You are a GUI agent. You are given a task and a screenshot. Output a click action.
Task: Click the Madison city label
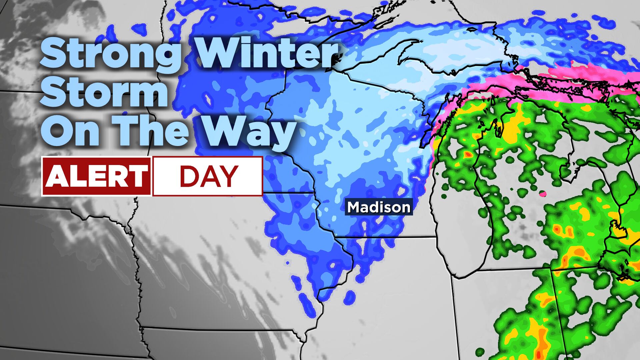click(379, 207)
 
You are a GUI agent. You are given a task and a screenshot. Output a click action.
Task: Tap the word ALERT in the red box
click(96, 176)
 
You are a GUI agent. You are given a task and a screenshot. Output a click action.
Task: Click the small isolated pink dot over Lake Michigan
click(543, 193)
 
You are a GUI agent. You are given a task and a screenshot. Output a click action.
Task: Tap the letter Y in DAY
click(229, 176)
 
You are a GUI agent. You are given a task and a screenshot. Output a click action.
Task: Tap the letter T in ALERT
click(138, 176)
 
